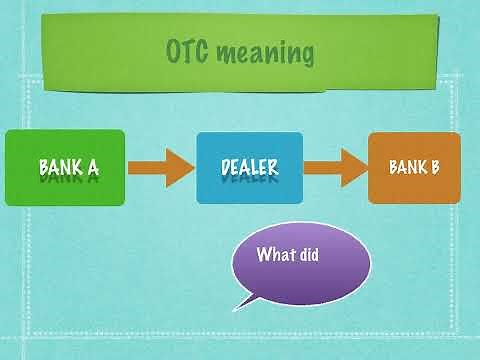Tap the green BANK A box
tap(66, 167)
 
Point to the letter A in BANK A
tap(92, 166)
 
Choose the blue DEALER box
tap(249, 167)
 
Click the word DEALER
tap(249, 166)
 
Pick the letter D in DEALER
tap(226, 166)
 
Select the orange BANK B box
tap(414, 167)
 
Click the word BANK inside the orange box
tap(407, 166)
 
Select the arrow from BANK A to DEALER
tap(159, 167)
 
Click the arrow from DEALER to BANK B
tap(335, 167)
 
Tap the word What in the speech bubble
tap(276, 254)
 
